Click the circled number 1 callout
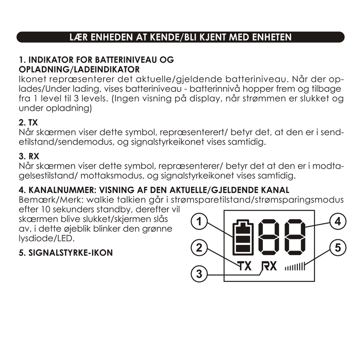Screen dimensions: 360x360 (200, 221)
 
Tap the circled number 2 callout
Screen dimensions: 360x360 (200, 247)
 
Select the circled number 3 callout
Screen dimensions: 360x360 (200, 273)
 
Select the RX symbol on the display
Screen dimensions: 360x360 (269, 266)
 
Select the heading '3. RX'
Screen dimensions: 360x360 (28, 156)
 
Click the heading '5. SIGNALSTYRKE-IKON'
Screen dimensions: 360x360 (65, 252)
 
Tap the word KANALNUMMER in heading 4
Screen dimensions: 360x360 (56, 189)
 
